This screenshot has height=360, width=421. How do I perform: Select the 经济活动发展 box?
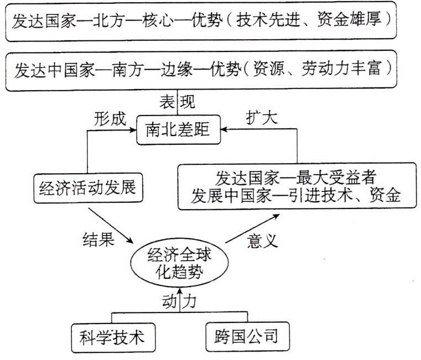(x=87, y=189)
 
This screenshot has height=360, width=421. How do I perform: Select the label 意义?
(x=261, y=240)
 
